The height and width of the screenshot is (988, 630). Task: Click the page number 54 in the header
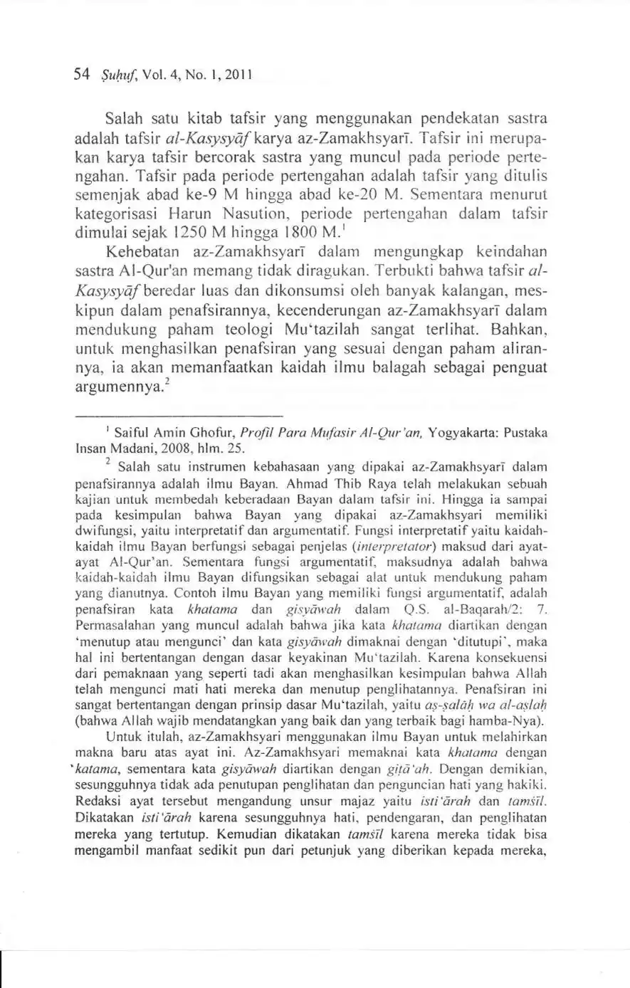[80, 73]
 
